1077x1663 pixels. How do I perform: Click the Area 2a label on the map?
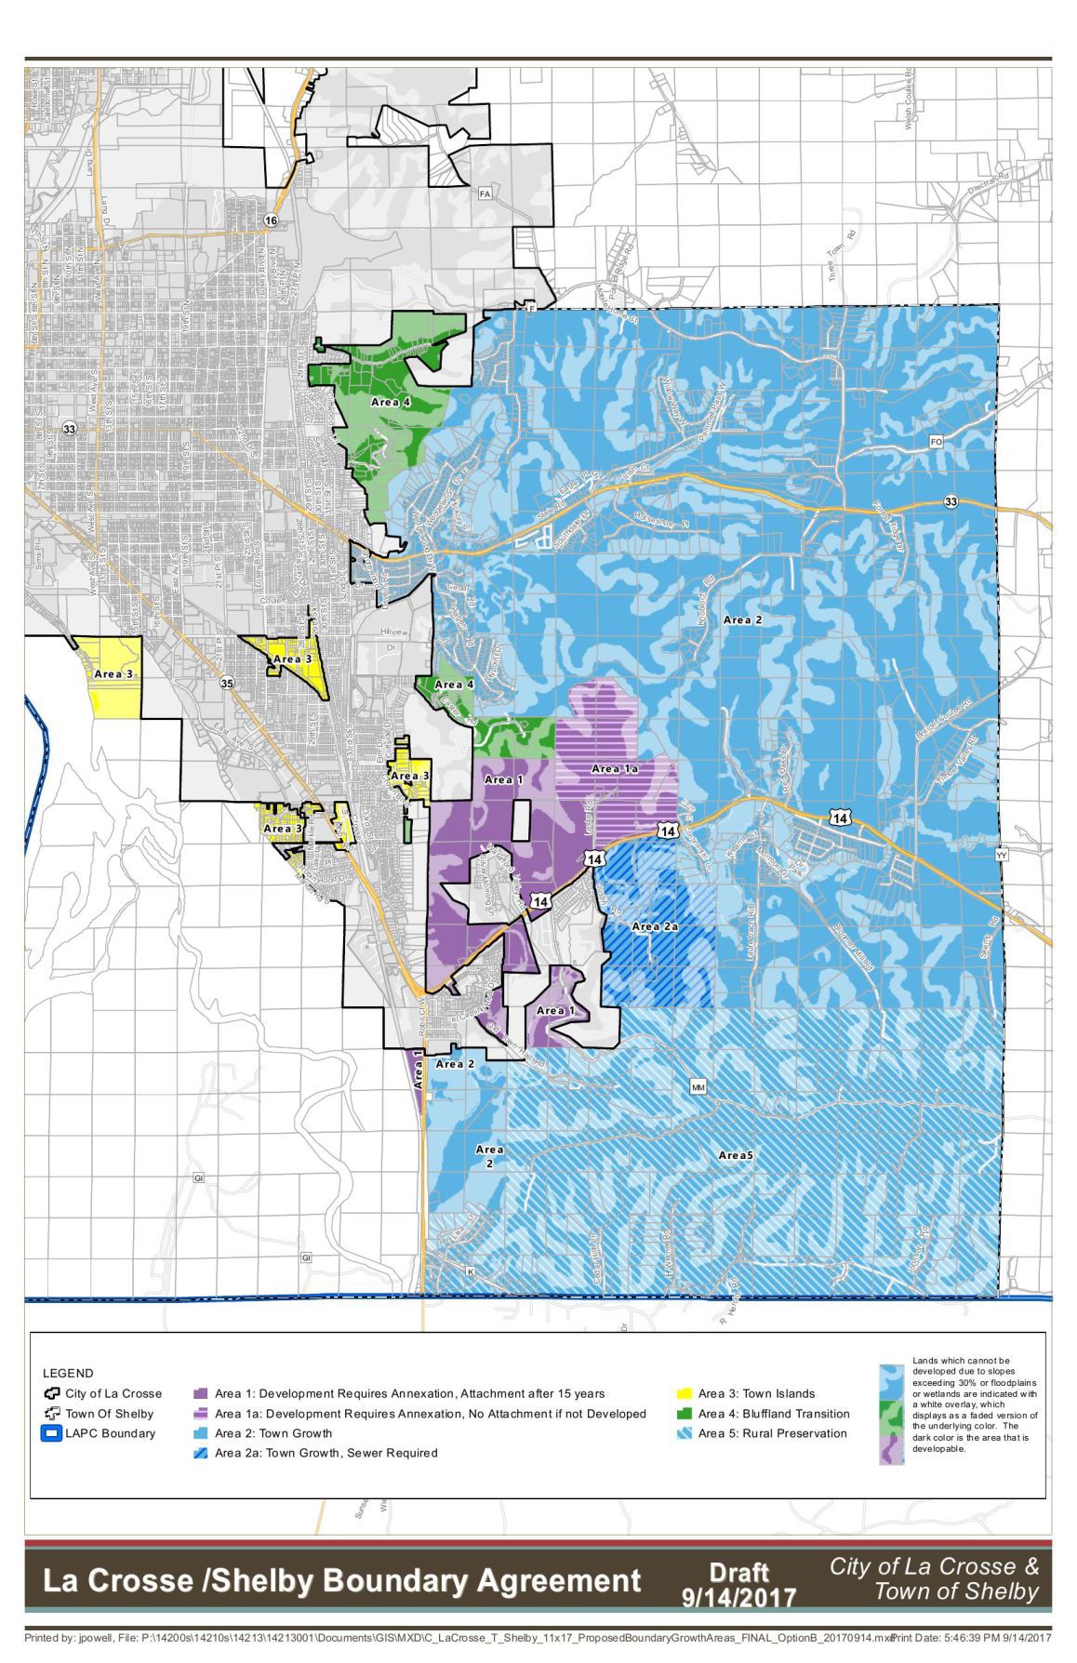pyautogui.click(x=655, y=926)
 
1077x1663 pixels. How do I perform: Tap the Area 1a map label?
pyautogui.click(x=615, y=768)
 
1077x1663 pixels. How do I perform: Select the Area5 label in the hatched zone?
pyautogui.click(x=735, y=1155)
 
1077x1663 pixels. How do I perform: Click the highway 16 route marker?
pyautogui.click(x=270, y=220)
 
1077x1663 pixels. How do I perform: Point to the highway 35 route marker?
pyautogui.click(x=228, y=684)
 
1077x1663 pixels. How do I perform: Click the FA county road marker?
pyautogui.click(x=484, y=193)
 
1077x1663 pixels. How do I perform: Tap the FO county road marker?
pyautogui.click(x=936, y=442)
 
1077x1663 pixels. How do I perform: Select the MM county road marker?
pyautogui.click(x=698, y=1086)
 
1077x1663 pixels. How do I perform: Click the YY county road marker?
pyautogui.click(x=1002, y=854)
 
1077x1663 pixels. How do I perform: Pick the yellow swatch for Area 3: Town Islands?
pyautogui.click(x=684, y=1393)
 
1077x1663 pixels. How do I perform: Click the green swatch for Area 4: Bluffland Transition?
pyautogui.click(x=684, y=1414)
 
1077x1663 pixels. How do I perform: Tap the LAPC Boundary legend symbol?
pyautogui.click(x=52, y=1433)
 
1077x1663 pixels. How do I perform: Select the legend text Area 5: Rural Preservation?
pyautogui.click(x=772, y=1433)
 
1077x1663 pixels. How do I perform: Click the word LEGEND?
pyautogui.click(x=68, y=1373)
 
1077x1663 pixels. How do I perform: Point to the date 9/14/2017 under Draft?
pyautogui.click(x=738, y=1598)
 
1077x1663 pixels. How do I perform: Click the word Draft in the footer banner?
pyautogui.click(x=738, y=1572)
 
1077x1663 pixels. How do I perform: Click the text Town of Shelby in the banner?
pyautogui.click(x=955, y=1591)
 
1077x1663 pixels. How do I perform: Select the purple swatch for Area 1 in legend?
pyautogui.click(x=199, y=1394)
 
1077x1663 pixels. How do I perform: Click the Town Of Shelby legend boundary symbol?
pyautogui.click(x=52, y=1414)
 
